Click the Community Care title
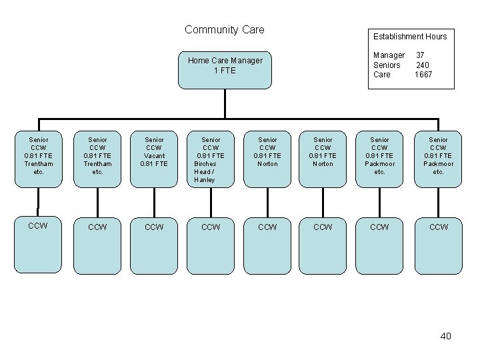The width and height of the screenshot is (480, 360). [x=224, y=29]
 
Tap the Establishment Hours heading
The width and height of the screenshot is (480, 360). [x=409, y=36]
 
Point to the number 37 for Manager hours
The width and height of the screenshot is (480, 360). [x=420, y=55]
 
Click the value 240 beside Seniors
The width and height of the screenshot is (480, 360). [x=423, y=65]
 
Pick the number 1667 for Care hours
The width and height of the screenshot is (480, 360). [x=423, y=75]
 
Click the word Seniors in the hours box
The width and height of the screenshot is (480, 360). [x=387, y=65]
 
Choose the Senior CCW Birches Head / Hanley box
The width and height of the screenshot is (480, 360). [x=211, y=159]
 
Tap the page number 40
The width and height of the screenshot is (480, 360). [x=445, y=336]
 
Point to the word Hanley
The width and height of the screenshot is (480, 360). [x=205, y=180]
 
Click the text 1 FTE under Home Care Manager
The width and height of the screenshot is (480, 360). [x=225, y=71]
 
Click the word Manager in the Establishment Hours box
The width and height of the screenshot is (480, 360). [x=389, y=55]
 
